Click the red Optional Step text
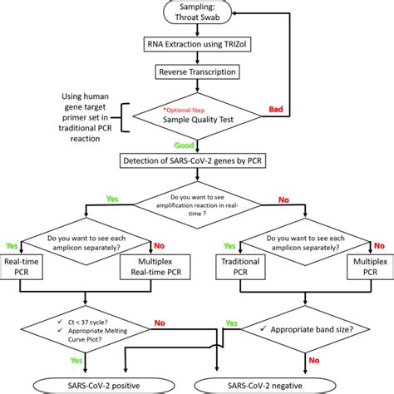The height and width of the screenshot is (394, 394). [x=188, y=110]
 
